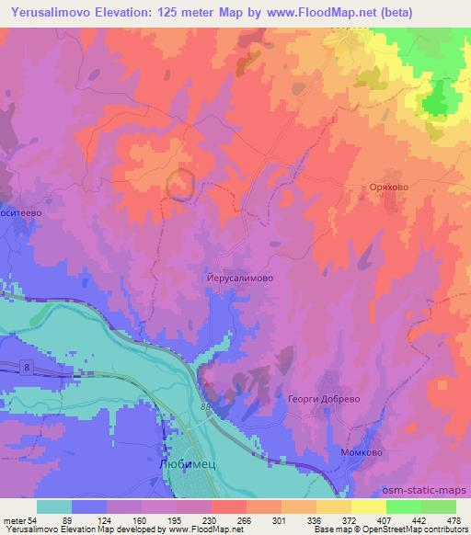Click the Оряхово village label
pos(376,185)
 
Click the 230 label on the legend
pos(212,520)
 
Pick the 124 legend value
pos(114,520)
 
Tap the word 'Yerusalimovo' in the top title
pos(47,13)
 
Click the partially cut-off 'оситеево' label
pos(21,210)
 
